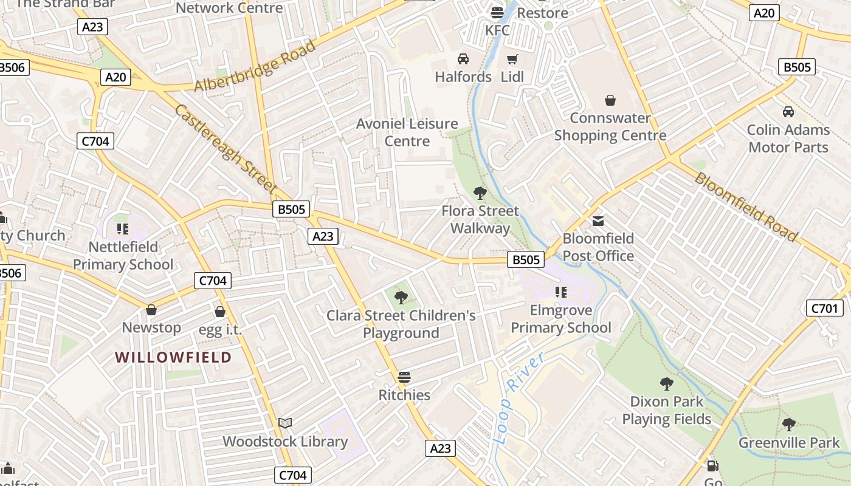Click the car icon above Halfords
point(463,59)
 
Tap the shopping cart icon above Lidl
point(512,59)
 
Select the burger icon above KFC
point(497,12)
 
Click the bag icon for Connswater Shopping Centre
point(610,100)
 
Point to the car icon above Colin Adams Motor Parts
point(788,112)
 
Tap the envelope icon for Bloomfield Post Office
point(598,221)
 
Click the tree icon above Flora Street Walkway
point(480,193)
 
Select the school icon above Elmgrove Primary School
point(560,292)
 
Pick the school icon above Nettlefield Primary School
point(123,229)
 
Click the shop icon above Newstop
point(151,310)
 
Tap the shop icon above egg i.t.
point(220,312)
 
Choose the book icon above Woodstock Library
point(285,423)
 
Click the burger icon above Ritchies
point(404,377)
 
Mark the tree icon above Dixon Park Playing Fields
point(666,384)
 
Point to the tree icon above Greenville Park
point(788,425)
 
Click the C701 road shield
point(824,308)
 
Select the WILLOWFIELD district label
point(174,357)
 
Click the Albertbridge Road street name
point(255,67)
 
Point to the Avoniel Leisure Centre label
point(407,132)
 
